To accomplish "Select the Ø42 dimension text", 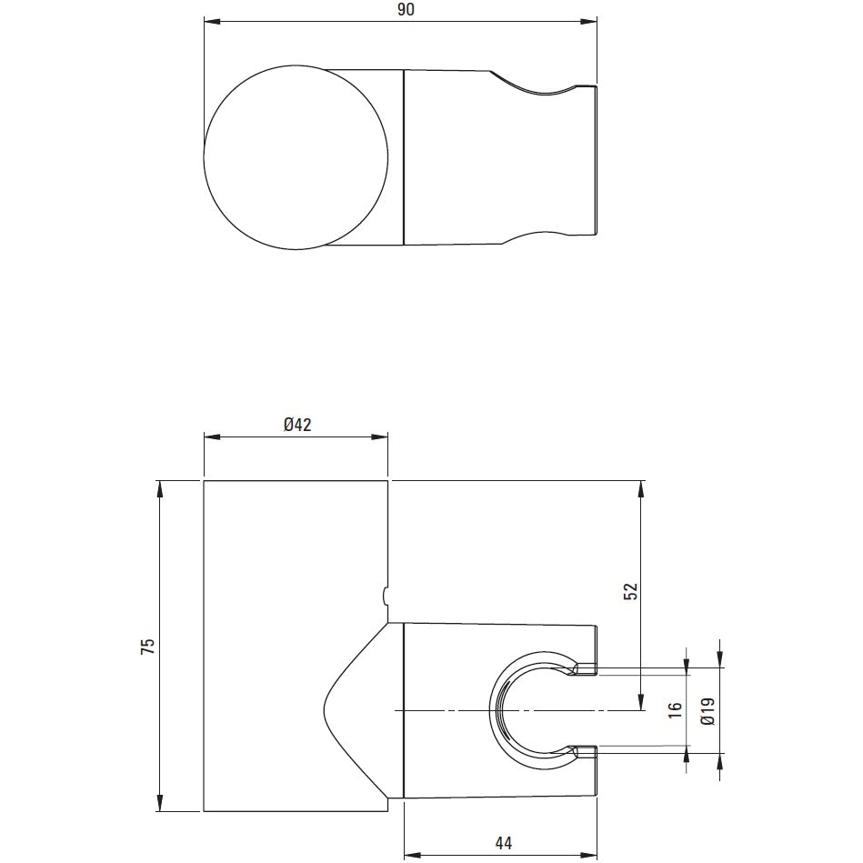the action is coord(297,425).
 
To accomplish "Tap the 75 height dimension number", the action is coord(148,647).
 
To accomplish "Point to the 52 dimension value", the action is coord(630,591).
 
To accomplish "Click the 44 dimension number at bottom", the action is coord(504,843).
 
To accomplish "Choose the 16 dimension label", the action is coord(676,710).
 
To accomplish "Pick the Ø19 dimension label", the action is coord(708,711).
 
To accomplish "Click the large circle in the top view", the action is coord(204,156).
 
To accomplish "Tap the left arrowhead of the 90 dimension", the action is coord(212,22).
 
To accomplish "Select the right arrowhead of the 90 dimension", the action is coord(589,22).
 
